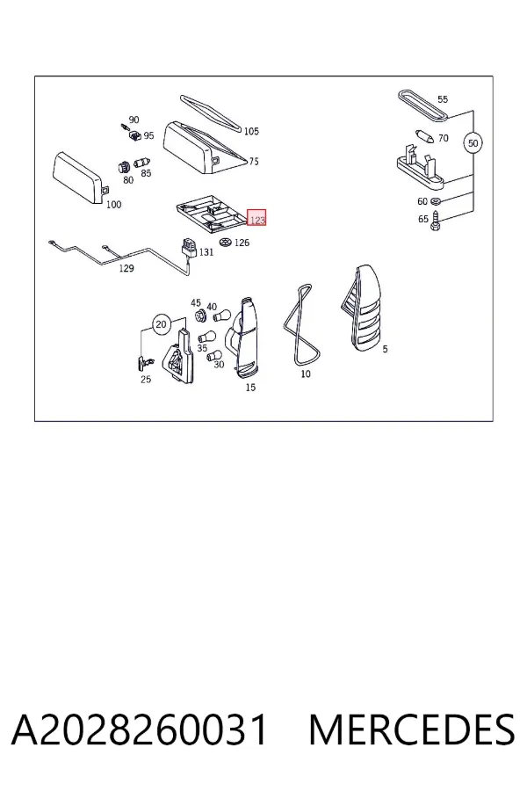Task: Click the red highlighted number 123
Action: pyautogui.click(x=256, y=220)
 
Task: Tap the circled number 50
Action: pyautogui.click(x=473, y=143)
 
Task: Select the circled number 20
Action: pyautogui.click(x=161, y=324)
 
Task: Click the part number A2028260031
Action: pyautogui.click(x=139, y=729)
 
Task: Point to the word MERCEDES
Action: pyautogui.click(x=412, y=729)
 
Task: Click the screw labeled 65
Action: pyautogui.click(x=437, y=221)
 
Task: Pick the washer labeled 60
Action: pyautogui.click(x=437, y=202)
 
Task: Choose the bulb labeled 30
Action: pyautogui.click(x=215, y=356)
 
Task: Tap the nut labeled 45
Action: pyautogui.click(x=199, y=316)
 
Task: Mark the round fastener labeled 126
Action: pyautogui.click(x=226, y=243)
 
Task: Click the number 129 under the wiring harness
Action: pyautogui.click(x=126, y=268)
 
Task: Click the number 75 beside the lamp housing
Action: pyautogui.click(x=254, y=162)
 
